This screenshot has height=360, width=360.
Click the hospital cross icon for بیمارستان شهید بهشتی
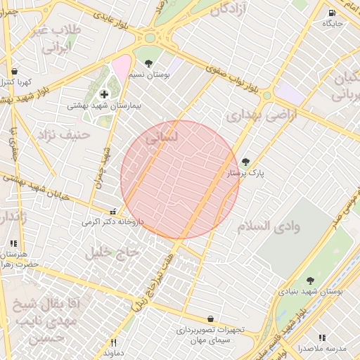click(x=104, y=94)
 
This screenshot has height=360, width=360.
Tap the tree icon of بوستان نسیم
click(x=148, y=63)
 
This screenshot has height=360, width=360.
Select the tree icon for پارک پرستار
click(x=245, y=162)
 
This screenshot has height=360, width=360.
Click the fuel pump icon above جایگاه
click(x=331, y=13)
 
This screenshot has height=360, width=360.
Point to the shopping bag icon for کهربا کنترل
click(x=15, y=71)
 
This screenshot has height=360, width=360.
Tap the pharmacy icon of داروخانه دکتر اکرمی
click(x=112, y=211)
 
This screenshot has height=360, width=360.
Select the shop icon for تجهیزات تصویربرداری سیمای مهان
click(x=210, y=319)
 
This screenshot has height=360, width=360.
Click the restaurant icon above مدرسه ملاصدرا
click(x=322, y=337)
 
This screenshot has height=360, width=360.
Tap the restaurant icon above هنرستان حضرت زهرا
click(x=13, y=243)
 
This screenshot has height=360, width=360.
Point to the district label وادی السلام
click(x=269, y=226)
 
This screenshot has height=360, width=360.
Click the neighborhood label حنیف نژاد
click(x=65, y=134)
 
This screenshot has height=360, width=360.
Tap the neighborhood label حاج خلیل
click(x=113, y=252)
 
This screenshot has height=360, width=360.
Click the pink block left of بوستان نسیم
click(x=120, y=67)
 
